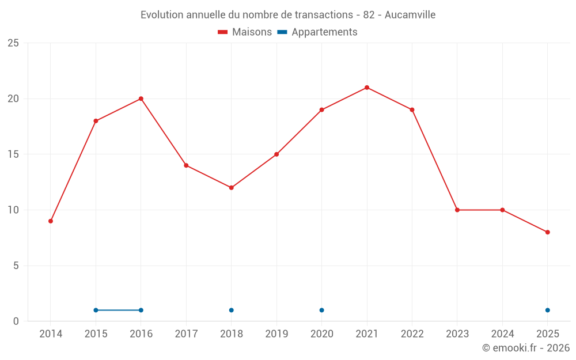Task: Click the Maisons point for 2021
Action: pyautogui.click(x=367, y=88)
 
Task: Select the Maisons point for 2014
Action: pyautogui.click(x=51, y=221)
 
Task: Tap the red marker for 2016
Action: pyautogui.click(x=141, y=98)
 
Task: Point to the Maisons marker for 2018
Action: pyautogui.click(x=232, y=188)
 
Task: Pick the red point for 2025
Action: pyautogui.click(x=548, y=232)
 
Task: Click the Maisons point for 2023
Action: pyautogui.click(x=457, y=210)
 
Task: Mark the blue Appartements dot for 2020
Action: pyautogui.click(x=322, y=310)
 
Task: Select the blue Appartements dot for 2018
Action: pyautogui.click(x=232, y=310)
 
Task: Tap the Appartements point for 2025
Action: pyautogui.click(x=548, y=310)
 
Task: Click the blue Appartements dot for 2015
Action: pyautogui.click(x=96, y=310)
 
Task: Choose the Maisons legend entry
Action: pyautogui.click(x=245, y=32)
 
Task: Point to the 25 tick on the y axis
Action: pyautogui.click(x=13, y=43)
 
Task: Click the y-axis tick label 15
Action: pyautogui.click(x=13, y=154)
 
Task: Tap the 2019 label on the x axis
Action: pyautogui.click(x=276, y=334)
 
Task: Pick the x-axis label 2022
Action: pyautogui.click(x=412, y=334)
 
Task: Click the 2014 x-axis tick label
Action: pyautogui.click(x=51, y=334)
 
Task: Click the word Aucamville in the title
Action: pyautogui.click(x=411, y=15)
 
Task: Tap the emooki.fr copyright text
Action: pyautogui.click(x=526, y=348)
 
